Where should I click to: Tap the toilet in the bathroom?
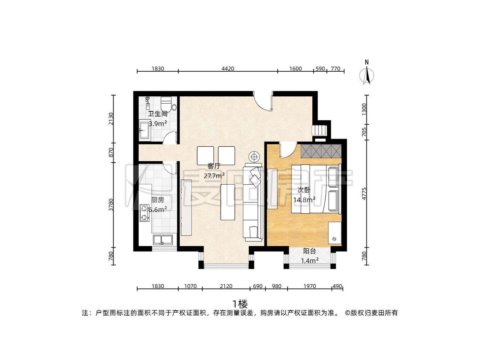pyautogui.click(x=167, y=104)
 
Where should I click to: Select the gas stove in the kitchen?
pyautogui.click(x=144, y=213)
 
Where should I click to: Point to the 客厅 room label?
pyautogui.click(x=214, y=166)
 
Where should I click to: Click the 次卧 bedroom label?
pyautogui.click(x=304, y=190)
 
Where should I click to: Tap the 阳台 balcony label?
pyautogui.click(x=309, y=251)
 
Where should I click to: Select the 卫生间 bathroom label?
pyautogui.click(x=157, y=114)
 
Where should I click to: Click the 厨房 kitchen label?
pyautogui.click(x=157, y=200)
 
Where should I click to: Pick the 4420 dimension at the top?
pyautogui.click(x=228, y=69)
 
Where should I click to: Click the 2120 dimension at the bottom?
pyautogui.click(x=226, y=286)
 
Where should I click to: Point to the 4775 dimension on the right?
pyautogui.click(x=364, y=194)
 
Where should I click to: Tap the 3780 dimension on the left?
pyautogui.click(x=111, y=204)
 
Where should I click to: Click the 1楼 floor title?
pyautogui.click(x=240, y=304)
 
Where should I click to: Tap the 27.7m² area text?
pyautogui.click(x=214, y=176)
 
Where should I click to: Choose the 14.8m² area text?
pyautogui.click(x=304, y=200)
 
